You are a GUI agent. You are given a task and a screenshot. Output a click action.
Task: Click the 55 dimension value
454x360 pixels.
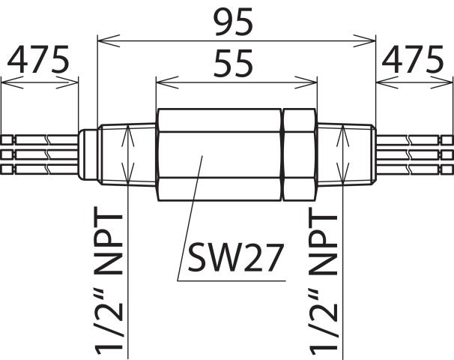click(x=233, y=64)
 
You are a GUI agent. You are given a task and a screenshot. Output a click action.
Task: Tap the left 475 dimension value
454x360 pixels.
click(x=38, y=58)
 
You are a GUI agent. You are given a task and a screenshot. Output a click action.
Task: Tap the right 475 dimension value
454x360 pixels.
click(x=413, y=58)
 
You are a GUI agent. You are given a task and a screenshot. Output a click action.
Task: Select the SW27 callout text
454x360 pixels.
click(x=234, y=258)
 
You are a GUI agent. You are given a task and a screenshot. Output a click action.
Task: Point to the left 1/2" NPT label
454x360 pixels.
click(x=109, y=284)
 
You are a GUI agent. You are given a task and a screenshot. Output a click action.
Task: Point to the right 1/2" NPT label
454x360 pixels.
click(x=324, y=284)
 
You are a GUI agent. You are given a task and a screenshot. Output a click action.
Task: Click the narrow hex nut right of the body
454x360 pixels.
click(x=299, y=154)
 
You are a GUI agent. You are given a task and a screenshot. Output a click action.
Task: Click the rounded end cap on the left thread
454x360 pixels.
click(x=88, y=154)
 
